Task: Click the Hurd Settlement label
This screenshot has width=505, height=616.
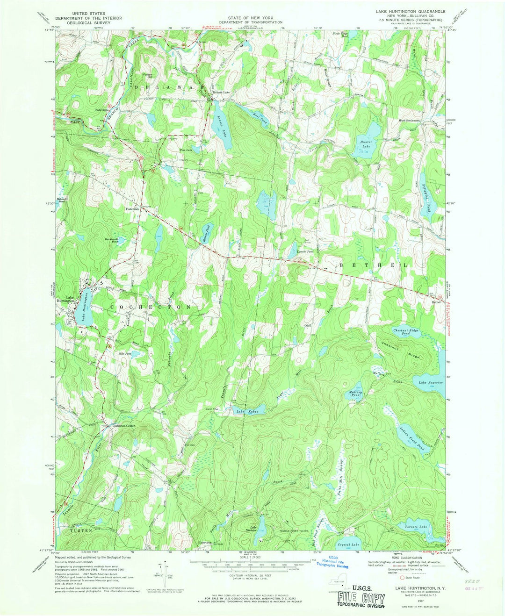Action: coord(409,121)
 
